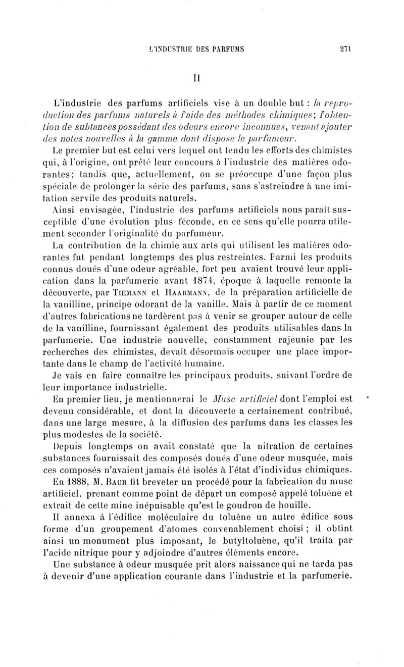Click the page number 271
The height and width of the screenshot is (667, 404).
345,49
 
